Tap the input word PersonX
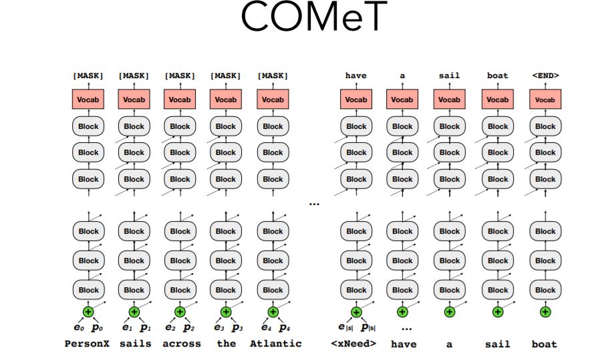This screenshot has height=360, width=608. tap(87, 344)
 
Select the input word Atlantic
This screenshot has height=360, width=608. tap(275, 344)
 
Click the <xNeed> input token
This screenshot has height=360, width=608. tap(353, 344)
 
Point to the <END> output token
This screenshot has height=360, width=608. tap(545, 75)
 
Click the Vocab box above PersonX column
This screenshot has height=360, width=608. tap(88, 100)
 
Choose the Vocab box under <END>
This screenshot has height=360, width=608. tap(545, 100)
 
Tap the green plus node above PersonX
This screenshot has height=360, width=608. tap(88, 312)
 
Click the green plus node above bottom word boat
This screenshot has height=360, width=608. tap(545, 312)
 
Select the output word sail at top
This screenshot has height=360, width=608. tap(449, 75)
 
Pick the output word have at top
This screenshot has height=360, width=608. tap(355, 75)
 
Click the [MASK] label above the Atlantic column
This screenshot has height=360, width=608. tap(273, 75)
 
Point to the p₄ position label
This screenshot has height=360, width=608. tap(285, 328)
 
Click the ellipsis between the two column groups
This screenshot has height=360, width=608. tap(314, 202)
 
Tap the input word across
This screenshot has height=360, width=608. tap(181, 344)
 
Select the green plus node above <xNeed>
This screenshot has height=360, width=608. tap(355, 312)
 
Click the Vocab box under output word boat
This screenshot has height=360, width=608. tap(498, 100)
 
